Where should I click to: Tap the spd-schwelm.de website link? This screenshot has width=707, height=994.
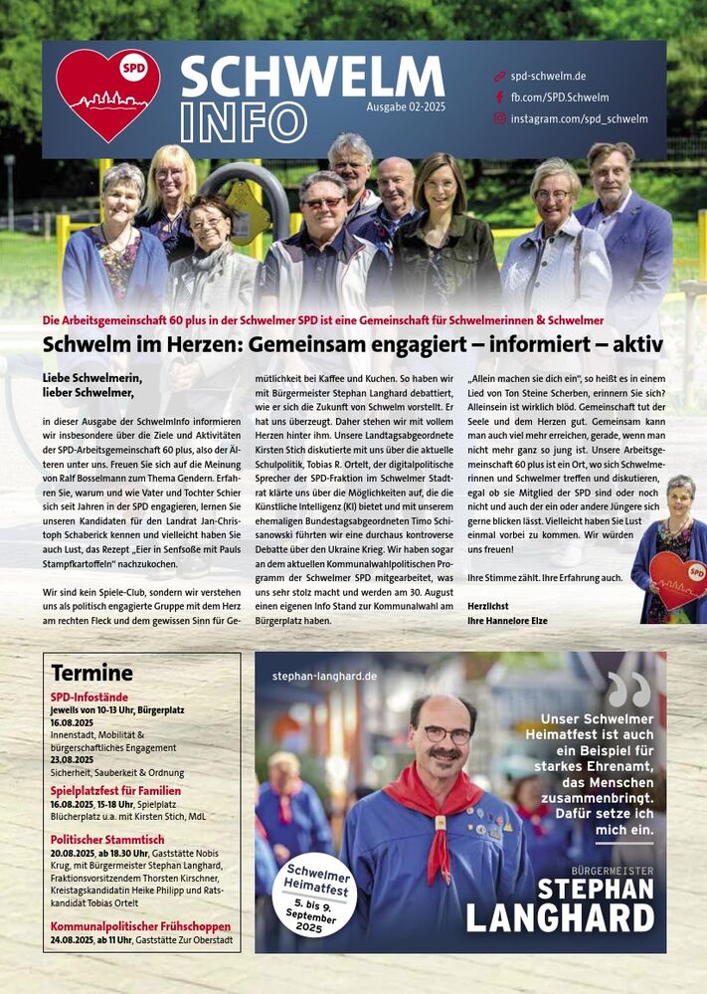pyautogui.click(x=548, y=76)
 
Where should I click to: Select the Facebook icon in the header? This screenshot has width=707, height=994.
pyautogui.click(x=499, y=98)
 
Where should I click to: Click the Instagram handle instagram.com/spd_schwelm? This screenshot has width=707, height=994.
pyautogui.click(x=579, y=118)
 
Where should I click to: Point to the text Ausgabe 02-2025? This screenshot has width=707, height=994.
pyautogui.click(x=406, y=106)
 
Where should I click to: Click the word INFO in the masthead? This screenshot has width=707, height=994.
pyautogui.click(x=244, y=122)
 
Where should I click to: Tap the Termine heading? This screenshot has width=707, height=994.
pyautogui.click(x=91, y=673)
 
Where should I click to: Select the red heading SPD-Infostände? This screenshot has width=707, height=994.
pyautogui.click(x=89, y=697)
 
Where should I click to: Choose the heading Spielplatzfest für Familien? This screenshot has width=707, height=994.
pyautogui.click(x=115, y=791)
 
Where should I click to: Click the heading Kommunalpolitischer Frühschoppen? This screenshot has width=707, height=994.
pyautogui.click(x=140, y=925)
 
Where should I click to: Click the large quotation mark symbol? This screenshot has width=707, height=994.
pyautogui.click(x=628, y=689)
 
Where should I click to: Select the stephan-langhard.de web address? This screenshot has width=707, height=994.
pyautogui.click(x=324, y=676)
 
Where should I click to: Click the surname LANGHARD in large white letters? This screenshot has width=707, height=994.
pyautogui.click(x=560, y=917)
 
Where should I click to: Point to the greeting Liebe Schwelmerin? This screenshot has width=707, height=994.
pyautogui.click(x=92, y=377)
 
